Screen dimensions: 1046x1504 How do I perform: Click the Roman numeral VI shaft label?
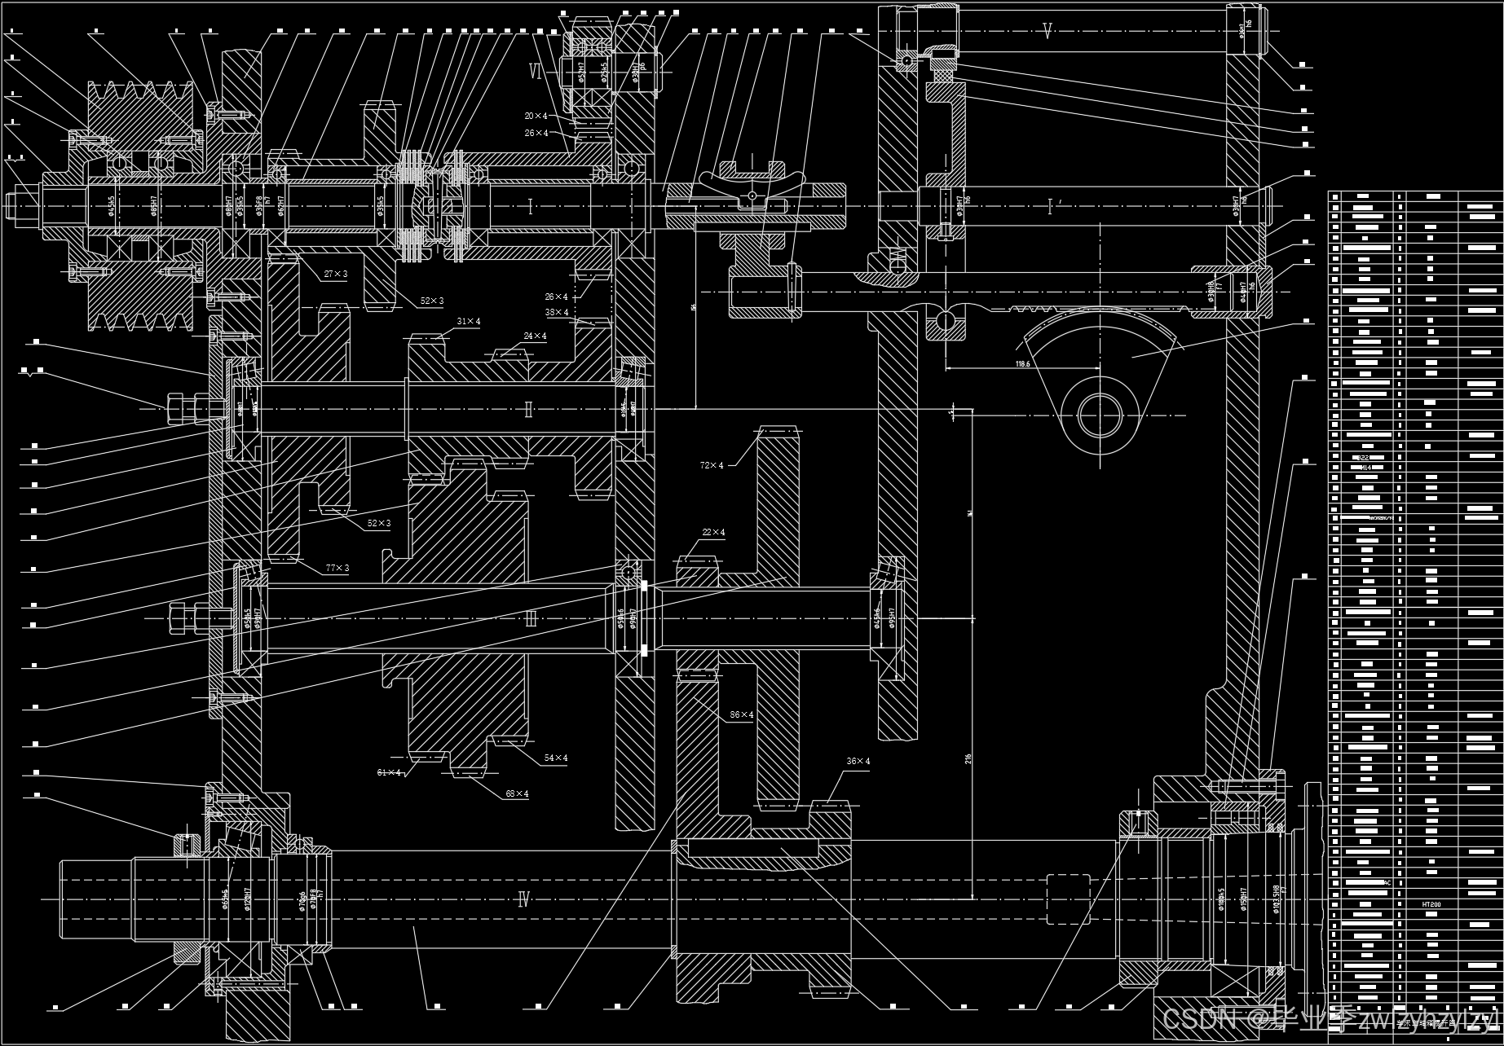pyautogui.click(x=536, y=72)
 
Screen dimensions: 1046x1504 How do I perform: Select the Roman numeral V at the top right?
pyautogui.click(x=1048, y=32)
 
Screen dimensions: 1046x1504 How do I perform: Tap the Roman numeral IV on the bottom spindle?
pyautogui.click(x=524, y=900)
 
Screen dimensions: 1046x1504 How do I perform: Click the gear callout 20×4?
pyautogui.click(x=536, y=116)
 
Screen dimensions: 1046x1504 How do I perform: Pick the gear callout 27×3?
pyautogui.click(x=335, y=274)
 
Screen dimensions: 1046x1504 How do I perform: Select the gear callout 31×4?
pyautogui.click(x=468, y=322)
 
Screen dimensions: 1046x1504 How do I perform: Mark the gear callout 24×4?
pyautogui.click(x=535, y=336)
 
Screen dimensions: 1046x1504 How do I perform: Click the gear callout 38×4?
pyautogui.click(x=557, y=312)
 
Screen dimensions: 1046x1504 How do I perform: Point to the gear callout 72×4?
pyautogui.click(x=711, y=465)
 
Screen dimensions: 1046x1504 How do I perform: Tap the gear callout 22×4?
pyautogui.click(x=712, y=533)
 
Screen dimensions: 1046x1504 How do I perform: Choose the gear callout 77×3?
pyautogui.click(x=337, y=568)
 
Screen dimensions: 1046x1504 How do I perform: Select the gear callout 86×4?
pyautogui.click(x=741, y=714)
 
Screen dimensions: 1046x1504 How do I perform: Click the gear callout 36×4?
pyautogui.click(x=858, y=762)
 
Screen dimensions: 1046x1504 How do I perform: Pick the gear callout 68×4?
pyautogui.click(x=517, y=793)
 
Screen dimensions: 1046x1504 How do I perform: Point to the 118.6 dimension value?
pyautogui.click(x=1023, y=363)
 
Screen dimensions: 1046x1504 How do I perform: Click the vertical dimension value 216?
pyautogui.click(x=968, y=758)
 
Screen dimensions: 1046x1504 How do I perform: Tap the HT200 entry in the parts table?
pyautogui.click(x=1431, y=904)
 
